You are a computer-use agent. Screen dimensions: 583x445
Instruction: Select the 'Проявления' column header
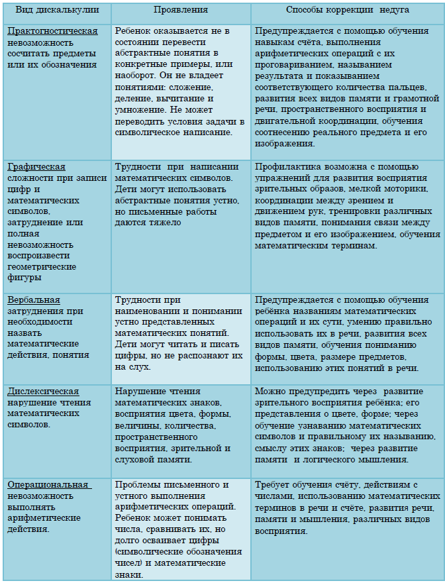(180, 11)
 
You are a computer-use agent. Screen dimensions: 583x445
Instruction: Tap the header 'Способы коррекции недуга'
(347, 11)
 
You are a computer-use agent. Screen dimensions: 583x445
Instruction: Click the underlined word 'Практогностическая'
(52, 31)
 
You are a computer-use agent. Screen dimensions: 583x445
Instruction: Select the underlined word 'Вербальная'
(34, 299)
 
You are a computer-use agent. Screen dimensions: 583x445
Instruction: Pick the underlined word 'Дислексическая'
(43, 392)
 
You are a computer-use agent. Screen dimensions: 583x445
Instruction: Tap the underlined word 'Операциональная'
(48, 485)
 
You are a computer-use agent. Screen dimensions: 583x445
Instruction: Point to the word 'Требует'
(272, 485)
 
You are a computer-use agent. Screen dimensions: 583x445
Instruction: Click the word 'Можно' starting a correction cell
(270, 392)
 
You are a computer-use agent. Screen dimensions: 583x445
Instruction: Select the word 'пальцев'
(409, 87)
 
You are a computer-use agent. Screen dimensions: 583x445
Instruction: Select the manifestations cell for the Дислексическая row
(180, 425)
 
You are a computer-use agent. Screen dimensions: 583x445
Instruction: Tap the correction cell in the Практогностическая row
(347, 87)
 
